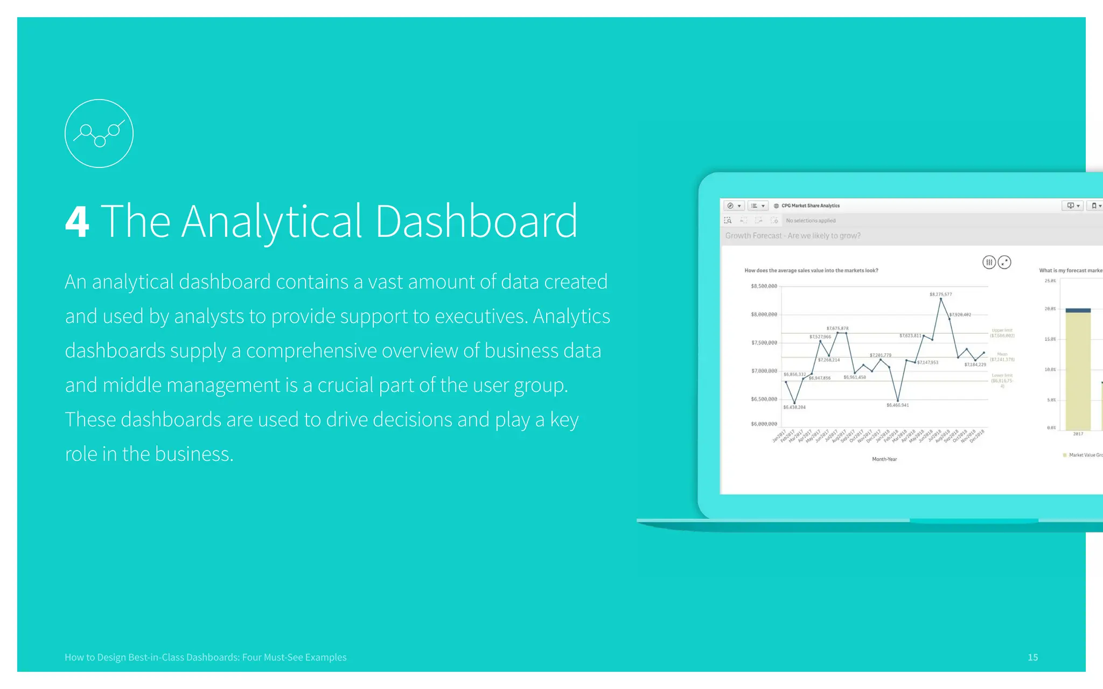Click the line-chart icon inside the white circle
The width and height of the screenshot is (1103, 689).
99,133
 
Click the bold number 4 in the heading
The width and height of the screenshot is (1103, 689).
77,222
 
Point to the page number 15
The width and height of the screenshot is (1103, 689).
1032,657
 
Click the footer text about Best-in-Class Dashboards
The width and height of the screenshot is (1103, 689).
205,657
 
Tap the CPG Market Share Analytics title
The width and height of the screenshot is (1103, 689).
810,206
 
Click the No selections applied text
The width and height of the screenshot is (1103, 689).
811,221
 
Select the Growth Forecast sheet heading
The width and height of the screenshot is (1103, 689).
792,236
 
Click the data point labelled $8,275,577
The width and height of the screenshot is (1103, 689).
941,299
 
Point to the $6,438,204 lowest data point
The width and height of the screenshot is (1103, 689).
794,402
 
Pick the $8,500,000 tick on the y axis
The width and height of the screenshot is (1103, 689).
764,286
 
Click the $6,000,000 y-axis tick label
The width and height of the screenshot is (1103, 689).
764,424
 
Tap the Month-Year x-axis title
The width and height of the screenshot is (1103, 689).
884,459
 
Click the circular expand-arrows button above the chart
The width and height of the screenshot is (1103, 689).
1004,262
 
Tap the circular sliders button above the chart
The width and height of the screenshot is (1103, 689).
989,262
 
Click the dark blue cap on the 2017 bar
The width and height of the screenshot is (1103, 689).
1078,310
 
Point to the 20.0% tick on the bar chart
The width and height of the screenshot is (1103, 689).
1050,309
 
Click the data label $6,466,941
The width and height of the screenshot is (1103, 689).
897,405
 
